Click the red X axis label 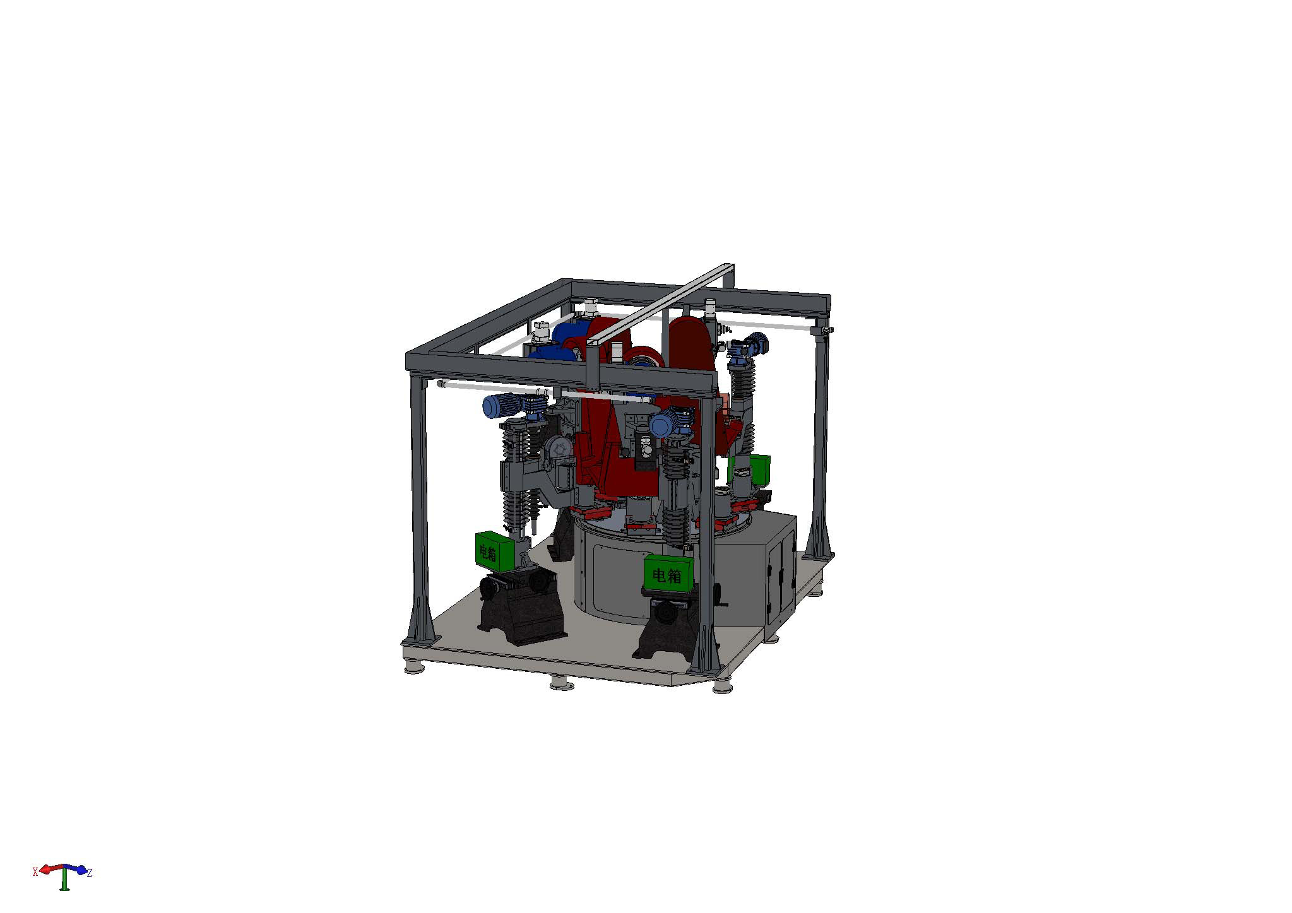pos(35,871)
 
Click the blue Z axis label pos(90,874)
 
